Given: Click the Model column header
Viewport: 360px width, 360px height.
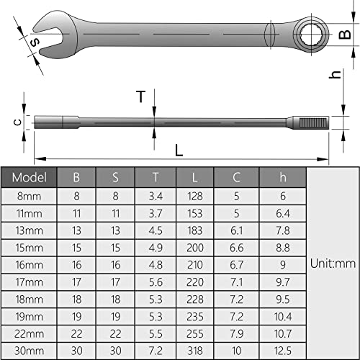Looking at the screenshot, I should click(x=30, y=177).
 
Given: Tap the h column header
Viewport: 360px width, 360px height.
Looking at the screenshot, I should click(x=283, y=177).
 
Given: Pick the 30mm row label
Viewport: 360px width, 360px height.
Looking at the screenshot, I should click(x=30, y=351).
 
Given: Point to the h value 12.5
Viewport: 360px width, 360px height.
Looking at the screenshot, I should click(x=283, y=351).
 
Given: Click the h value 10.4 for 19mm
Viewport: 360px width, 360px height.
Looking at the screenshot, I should click(x=283, y=316).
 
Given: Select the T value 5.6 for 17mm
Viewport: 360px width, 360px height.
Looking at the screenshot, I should click(x=156, y=282).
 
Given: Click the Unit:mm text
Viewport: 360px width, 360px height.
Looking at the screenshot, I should click(x=333, y=264).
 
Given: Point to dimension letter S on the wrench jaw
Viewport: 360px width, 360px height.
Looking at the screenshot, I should click(x=34, y=42).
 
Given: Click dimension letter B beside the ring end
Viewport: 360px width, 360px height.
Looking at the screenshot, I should click(x=343, y=32).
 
